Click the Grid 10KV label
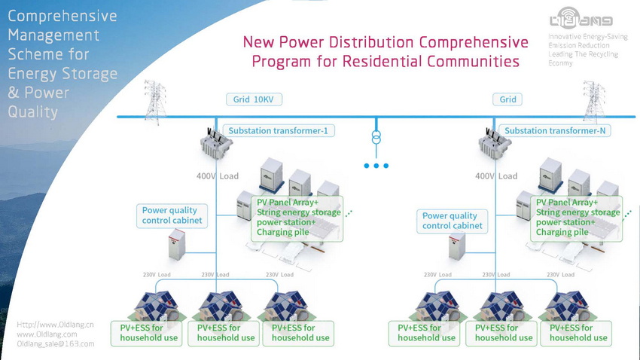[x=254, y=99]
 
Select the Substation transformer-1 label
[x=278, y=130]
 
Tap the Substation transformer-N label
[x=556, y=130]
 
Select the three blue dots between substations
[x=376, y=166]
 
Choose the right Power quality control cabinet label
[x=450, y=221]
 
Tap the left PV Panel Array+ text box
[x=298, y=218]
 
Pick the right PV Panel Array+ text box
[x=578, y=218]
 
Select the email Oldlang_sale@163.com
[x=56, y=343]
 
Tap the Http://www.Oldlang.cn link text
[x=55, y=325]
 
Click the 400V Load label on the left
[x=218, y=176]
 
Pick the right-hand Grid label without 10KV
[x=508, y=99]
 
